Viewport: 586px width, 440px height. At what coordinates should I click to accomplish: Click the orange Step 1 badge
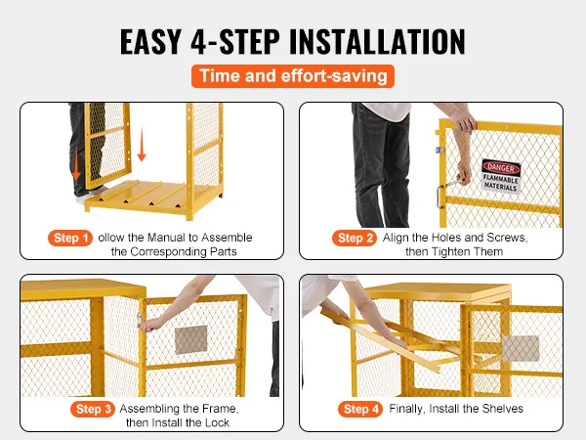pyautogui.click(x=70, y=238)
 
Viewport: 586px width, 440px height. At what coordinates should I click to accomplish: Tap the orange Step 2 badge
pyautogui.click(x=355, y=238)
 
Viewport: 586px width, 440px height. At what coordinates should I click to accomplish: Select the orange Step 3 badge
pyautogui.click(x=93, y=409)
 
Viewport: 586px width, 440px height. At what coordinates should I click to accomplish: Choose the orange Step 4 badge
pyautogui.click(x=359, y=409)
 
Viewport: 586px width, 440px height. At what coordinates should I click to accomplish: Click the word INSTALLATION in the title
pyautogui.click(x=377, y=41)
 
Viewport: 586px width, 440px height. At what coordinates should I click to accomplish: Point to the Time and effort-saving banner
pyautogui.click(x=293, y=76)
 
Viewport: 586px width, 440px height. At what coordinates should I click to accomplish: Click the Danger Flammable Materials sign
pyautogui.click(x=501, y=176)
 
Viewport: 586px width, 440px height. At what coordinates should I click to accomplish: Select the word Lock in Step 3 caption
pyautogui.click(x=217, y=422)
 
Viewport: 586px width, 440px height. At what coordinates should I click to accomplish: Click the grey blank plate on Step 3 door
pyautogui.click(x=191, y=339)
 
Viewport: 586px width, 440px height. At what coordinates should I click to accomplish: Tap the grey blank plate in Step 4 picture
pyautogui.click(x=521, y=348)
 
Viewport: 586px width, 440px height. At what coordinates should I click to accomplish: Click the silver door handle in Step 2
pyautogui.click(x=440, y=197)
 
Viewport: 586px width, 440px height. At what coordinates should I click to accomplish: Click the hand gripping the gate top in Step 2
pyautogui.click(x=463, y=120)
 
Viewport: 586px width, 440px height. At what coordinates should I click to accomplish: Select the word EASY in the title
pyautogui.click(x=151, y=41)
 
